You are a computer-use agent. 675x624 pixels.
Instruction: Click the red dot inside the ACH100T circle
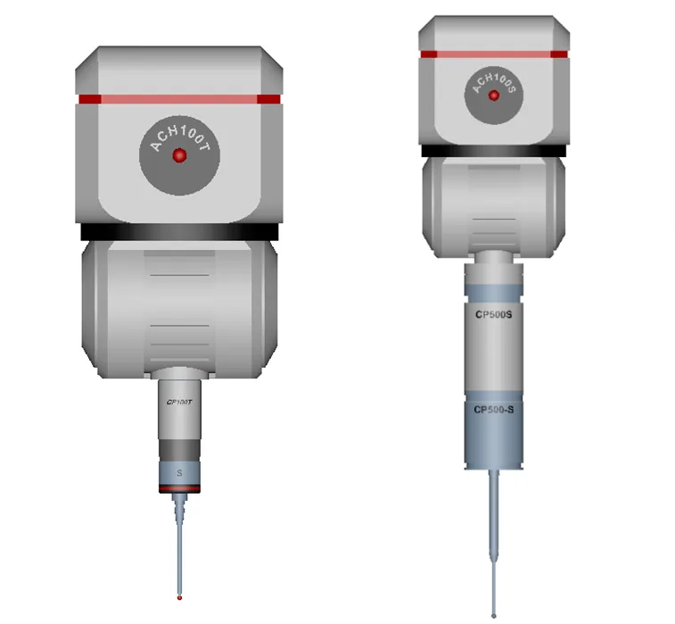(179, 155)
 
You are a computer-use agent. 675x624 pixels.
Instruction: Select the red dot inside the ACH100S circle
(493, 94)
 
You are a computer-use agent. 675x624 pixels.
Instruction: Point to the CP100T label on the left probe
(179, 403)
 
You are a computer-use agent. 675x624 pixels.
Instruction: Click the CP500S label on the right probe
(493, 314)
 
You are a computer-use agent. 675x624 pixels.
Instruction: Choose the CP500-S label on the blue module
(493, 410)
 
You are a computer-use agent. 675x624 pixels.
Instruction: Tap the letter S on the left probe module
(179, 471)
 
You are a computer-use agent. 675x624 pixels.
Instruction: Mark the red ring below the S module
(179, 489)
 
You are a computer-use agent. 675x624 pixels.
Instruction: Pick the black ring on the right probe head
(493, 151)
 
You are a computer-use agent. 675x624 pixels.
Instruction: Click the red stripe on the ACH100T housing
(179, 99)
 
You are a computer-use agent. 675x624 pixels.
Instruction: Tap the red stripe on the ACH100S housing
(493, 54)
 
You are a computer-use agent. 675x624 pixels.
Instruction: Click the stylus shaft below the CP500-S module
(493, 536)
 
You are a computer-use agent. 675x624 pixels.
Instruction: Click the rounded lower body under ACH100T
(179, 308)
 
